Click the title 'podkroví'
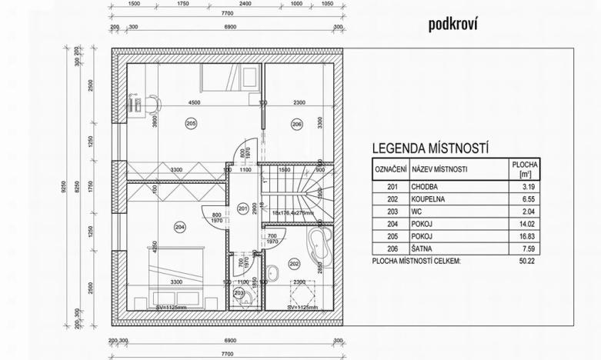(454, 25)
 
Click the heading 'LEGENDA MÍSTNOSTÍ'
(431, 148)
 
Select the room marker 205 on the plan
(191, 123)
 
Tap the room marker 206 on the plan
(296, 123)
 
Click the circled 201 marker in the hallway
(243, 208)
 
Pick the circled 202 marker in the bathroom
(293, 264)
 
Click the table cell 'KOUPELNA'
(429, 198)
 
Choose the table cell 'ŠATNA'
(422, 248)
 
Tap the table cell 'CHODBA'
(426, 185)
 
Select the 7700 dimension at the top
(226, 14)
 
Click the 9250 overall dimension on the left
(65, 187)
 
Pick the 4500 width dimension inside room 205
(194, 103)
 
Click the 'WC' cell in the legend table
(418, 211)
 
